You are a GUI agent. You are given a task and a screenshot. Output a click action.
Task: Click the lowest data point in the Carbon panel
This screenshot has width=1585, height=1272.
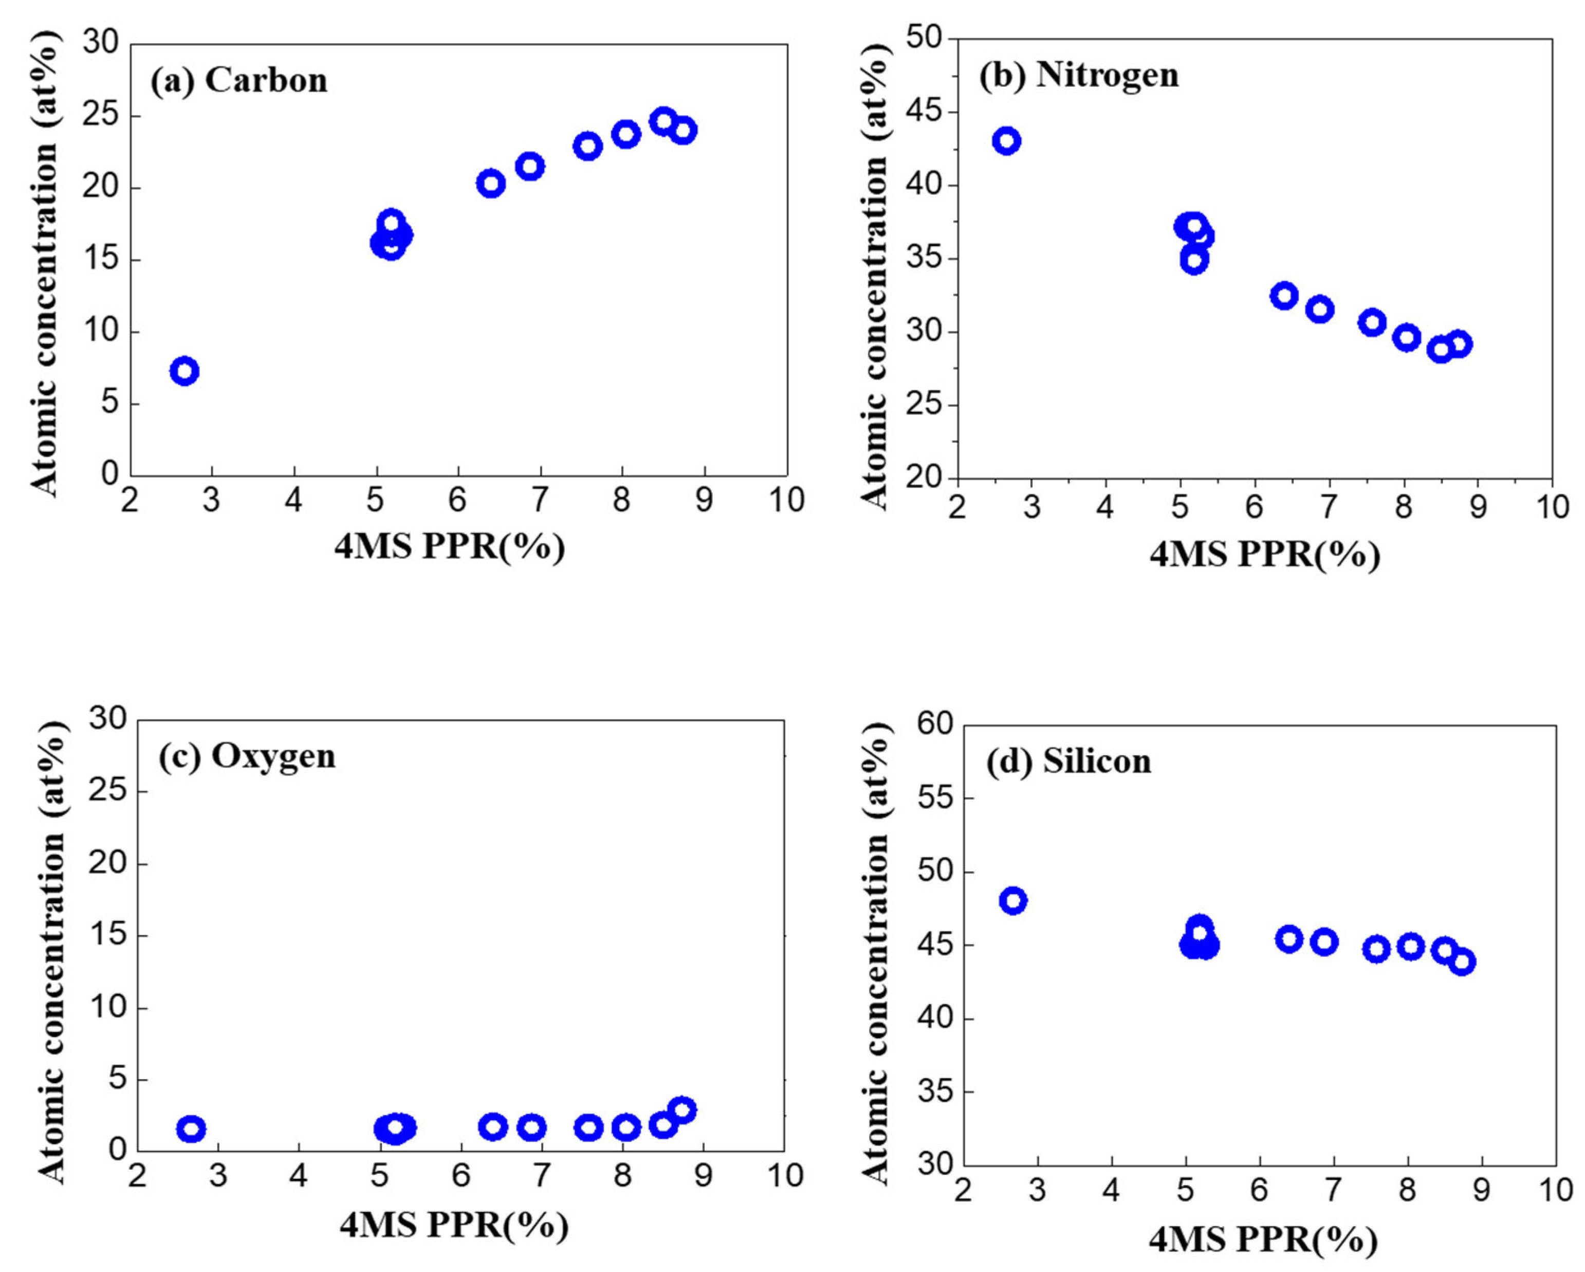[185, 371]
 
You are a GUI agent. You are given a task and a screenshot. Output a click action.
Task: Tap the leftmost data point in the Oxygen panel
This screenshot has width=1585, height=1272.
[191, 1129]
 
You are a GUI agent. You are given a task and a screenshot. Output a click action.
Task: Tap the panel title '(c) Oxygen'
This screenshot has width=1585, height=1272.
[247, 756]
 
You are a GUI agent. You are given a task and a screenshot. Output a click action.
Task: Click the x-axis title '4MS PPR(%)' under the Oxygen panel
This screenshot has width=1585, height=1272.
[454, 1224]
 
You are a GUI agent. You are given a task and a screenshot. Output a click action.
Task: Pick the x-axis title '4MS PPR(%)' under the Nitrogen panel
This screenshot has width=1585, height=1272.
[1264, 554]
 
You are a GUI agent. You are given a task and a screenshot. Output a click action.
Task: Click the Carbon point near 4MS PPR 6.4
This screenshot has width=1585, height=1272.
[491, 183]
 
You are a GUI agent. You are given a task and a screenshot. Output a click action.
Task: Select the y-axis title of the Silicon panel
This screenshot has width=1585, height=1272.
[875, 949]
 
